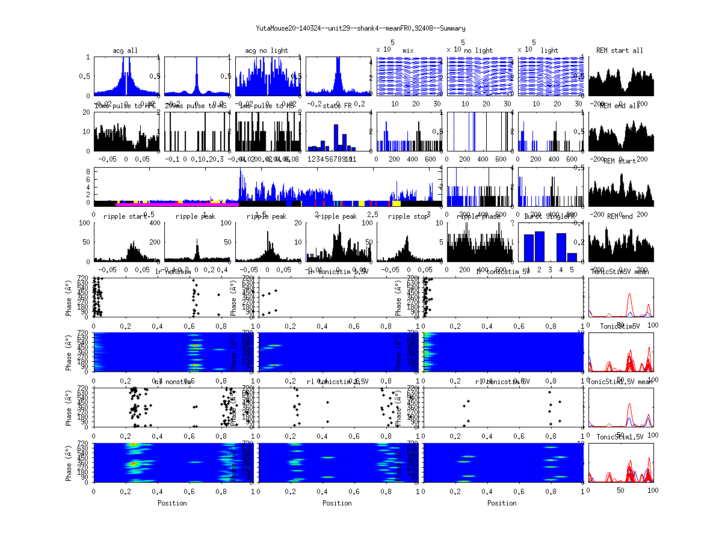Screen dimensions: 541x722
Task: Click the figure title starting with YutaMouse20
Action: [x=360, y=28]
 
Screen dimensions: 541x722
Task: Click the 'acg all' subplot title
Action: [x=125, y=50]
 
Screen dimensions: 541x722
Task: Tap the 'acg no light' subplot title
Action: [x=267, y=50]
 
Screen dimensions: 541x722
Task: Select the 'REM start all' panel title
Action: [x=620, y=50]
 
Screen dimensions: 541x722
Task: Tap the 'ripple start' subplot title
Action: [x=125, y=216]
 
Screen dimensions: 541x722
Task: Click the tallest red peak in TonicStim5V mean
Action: [x=629, y=295]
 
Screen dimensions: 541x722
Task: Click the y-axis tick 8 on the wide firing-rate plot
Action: [x=88, y=171]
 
